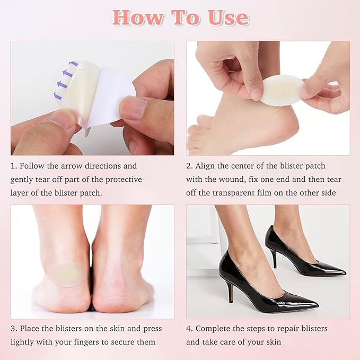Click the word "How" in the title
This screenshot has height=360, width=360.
138,17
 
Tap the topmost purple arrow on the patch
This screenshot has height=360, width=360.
74,64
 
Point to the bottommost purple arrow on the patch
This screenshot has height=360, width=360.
58,95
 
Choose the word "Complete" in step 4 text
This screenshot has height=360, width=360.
213,329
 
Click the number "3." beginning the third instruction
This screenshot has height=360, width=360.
14,329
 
